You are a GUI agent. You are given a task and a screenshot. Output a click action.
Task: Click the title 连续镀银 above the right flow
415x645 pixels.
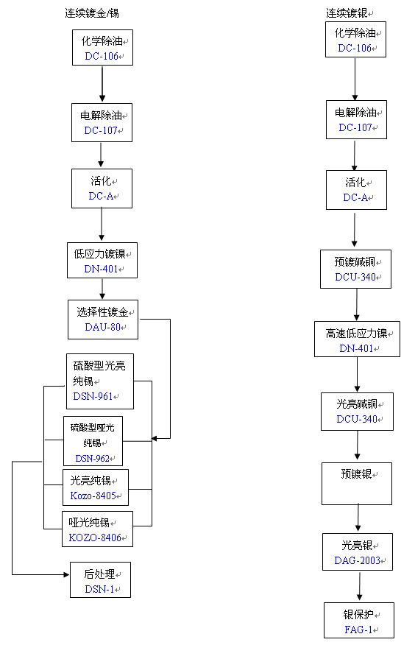(347, 13)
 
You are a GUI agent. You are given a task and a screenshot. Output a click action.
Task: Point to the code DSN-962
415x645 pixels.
(92, 459)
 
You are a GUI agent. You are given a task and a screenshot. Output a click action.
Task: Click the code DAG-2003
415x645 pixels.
(358, 560)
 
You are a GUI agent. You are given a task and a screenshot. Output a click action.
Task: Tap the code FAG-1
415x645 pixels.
(358, 630)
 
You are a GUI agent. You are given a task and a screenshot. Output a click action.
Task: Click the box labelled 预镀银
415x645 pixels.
(357, 483)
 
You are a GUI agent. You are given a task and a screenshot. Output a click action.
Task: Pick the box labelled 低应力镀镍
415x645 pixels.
(102, 261)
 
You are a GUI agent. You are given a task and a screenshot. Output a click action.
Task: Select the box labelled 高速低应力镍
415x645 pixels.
(357, 339)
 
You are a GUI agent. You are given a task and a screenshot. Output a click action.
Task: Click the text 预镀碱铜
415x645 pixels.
(355, 262)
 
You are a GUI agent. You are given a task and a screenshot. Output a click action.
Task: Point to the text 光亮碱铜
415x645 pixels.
(355, 404)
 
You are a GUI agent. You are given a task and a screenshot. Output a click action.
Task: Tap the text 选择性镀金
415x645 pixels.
(104, 312)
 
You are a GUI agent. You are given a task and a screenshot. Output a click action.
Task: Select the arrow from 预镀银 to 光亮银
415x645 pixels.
(358, 518)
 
